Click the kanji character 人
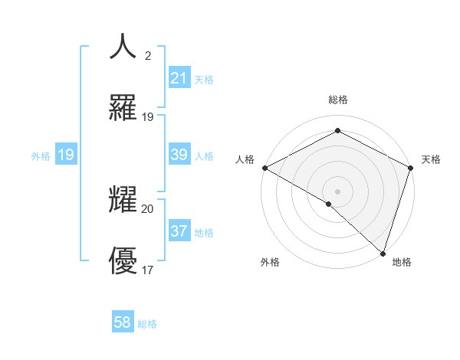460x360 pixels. click(x=123, y=46)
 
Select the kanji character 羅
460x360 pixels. click(x=123, y=109)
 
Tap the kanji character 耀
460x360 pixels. click(x=123, y=200)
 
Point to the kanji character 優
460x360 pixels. click(x=123, y=261)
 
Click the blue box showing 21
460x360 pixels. click(x=179, y=78)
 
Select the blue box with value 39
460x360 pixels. click(x=179, y=155)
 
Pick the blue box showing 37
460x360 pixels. click(x=179, y=231)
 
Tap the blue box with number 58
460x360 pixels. click(x=123, y=323)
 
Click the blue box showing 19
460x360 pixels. click(x=65, y=155)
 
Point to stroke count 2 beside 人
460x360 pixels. click(x=148, y=56)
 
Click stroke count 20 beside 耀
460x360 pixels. click(x=148, y=208)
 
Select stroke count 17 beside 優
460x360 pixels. click(x=148, y=270)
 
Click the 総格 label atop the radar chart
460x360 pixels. click(x=337, y=100)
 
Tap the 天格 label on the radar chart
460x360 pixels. click(x=431, y=159)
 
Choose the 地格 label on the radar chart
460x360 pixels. click(x=402, y=262)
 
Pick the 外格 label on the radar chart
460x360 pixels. click(x=270, y=262)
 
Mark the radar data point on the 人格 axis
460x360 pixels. click(x=264, y=168)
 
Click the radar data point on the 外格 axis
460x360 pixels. click(x=329, y=204)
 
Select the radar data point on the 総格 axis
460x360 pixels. click(x=337, y=132)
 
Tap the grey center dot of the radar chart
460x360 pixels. click(x=337, y=191)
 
